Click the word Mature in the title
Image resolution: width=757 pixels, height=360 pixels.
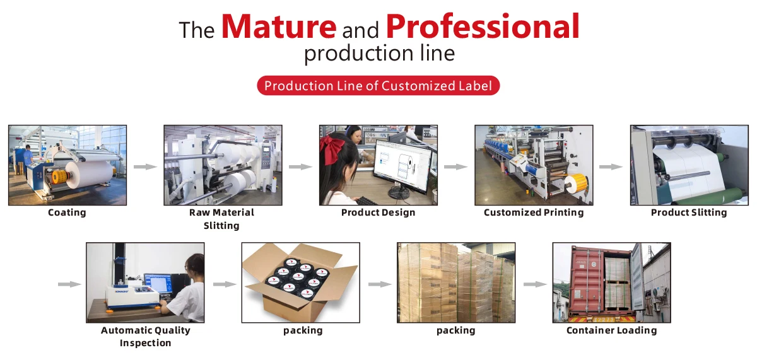[x=278, y=27]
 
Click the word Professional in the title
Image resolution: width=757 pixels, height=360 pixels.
[x=482, y=27]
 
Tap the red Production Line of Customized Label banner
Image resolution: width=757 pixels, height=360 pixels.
[x=378, y=86]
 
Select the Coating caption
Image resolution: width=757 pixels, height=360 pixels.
[x=67, y=212]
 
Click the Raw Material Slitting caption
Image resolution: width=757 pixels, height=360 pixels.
[x=221, y=219]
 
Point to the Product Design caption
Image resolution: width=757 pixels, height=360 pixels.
[x=378, y=212]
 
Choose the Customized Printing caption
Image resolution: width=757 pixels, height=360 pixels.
[x=534, y=212]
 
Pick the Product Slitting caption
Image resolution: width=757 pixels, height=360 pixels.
[x=689, y=212]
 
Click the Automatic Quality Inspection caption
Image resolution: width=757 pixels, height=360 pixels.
[x=145, y=337]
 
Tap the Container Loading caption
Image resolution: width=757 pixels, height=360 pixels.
[x=611, y=330]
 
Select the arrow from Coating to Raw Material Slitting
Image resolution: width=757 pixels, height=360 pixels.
[x=145, y=166]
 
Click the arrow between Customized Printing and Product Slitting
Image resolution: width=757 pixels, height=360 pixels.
[x=611, y=166]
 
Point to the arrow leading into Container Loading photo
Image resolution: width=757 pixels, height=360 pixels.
[x=535, y=284]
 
